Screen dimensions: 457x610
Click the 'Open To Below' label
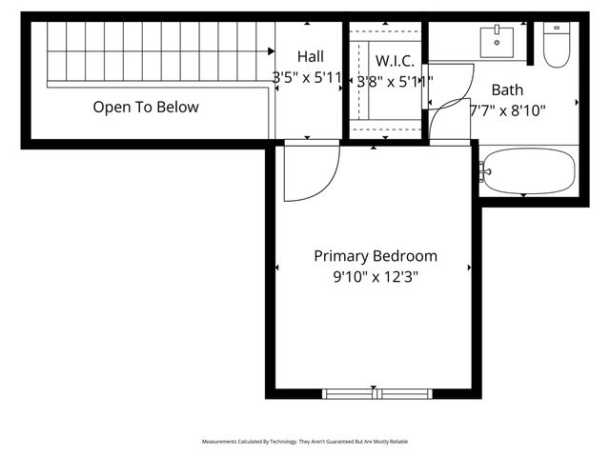click(x=146, y=107)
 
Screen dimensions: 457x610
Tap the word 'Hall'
click(x=310, y=57)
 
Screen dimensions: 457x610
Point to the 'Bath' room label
click(x=507, y=89)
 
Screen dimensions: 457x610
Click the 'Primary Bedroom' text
click(x=376, y=256)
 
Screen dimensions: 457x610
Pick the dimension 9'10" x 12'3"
click(x=376, y=278)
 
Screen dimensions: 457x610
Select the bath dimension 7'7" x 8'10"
click(x=508, y=110)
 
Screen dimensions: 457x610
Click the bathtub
click(x=530, y=171)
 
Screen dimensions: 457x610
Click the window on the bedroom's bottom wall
click(x=376, y=393)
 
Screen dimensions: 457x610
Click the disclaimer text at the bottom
click(x=305, y=442)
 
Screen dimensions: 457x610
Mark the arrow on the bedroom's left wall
click(x=277, y=268)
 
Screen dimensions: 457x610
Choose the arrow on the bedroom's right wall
click(x=470, y=268)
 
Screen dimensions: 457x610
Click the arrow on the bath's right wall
click(x=579, y=101)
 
